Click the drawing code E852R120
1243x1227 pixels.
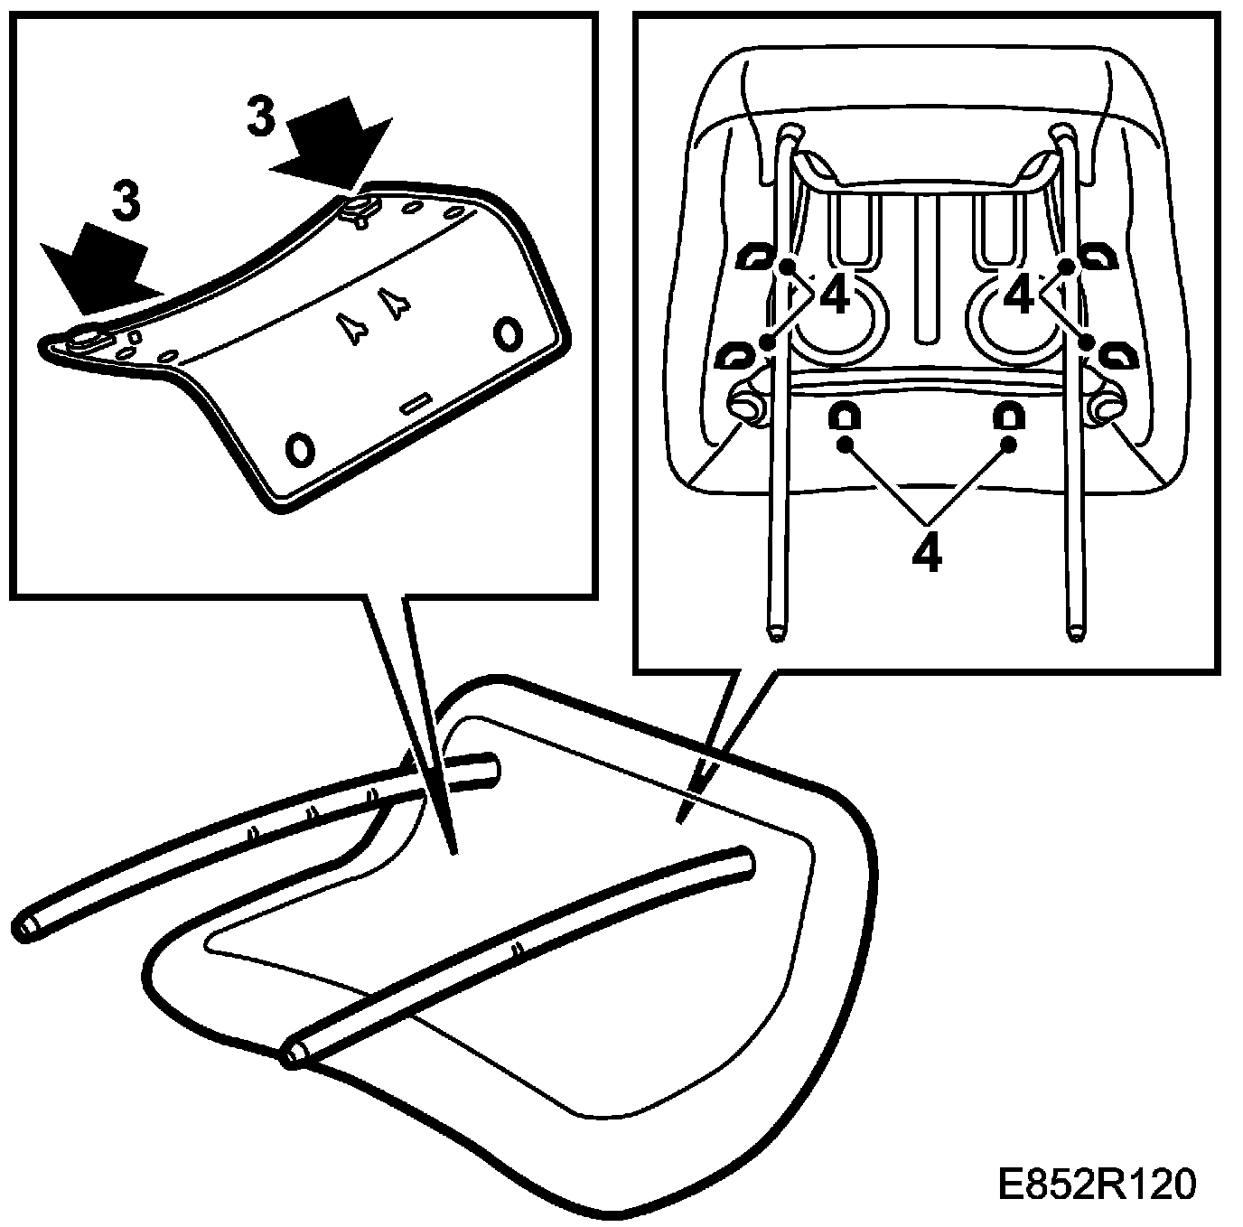pyautogui.click(x=1097, y=1184)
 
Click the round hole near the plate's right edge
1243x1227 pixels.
pyautogui.click(x=507, y=334)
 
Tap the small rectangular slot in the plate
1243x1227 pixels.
pyautogui.click(x=417, y=403)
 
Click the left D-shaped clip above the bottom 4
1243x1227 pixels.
pyautogui.click(x=845, y=416)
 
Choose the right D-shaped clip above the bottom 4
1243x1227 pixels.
pyautogui.click(x=1008, y=416)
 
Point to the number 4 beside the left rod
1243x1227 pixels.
pyautogui.click(x=836, y=296)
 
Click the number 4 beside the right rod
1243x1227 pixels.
pyautogui.click(x=1019, y=296)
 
